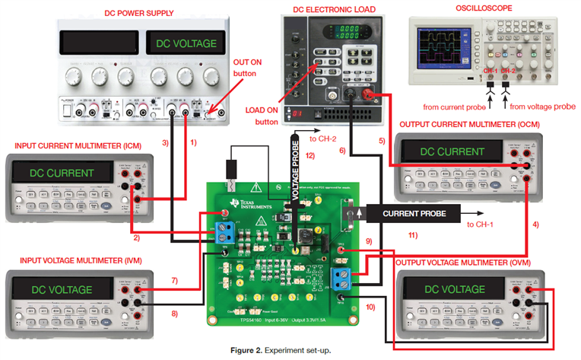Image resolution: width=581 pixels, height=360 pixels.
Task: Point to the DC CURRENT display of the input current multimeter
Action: [x=62, y=173]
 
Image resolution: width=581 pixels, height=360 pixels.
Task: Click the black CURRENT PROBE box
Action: [x=413, y=212]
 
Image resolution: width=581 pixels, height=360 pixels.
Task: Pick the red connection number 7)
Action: [x=174, y=282]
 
